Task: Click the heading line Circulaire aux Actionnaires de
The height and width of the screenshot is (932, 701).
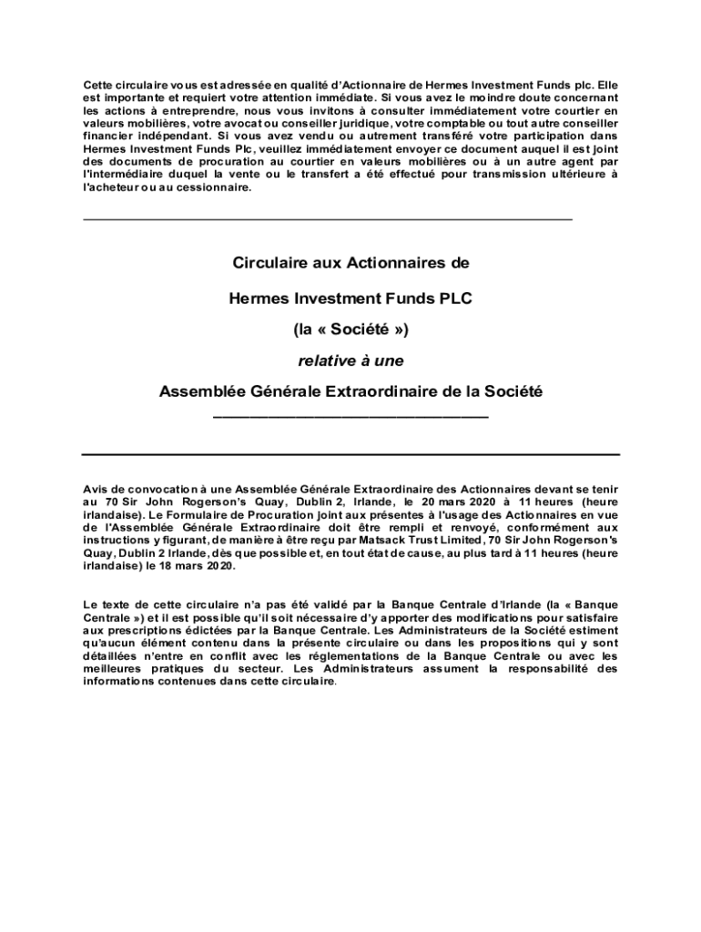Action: pyautogui.click(x=350, y=264)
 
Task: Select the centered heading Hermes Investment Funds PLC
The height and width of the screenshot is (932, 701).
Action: pyautogui.click(x=350, y=297)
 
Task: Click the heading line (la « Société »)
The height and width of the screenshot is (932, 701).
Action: pyautogui.click(x=350, y=329)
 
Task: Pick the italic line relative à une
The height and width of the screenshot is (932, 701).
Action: pyautogui.click(x=350, y=360)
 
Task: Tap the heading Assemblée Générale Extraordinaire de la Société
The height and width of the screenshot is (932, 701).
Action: pyautogui.click(x=350, y=392)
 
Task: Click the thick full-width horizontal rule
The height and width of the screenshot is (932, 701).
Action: pyautogui.click(x=350, y=453)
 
